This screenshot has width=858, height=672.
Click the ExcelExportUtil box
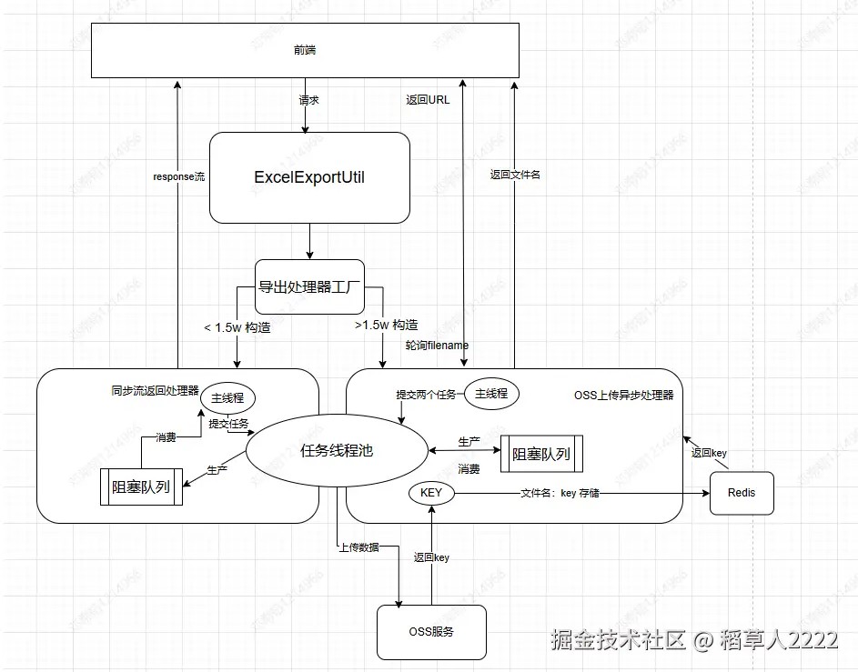309,177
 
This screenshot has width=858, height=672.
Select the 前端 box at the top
305,51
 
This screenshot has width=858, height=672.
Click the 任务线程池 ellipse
337,449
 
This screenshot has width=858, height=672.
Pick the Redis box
741,494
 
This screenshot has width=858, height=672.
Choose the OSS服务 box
431,631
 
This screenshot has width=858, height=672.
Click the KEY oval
431,492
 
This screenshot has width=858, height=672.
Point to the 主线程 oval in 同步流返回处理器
227,397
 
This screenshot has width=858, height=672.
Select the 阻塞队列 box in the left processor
141,486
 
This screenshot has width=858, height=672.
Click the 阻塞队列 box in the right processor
541,454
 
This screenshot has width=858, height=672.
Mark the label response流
178,176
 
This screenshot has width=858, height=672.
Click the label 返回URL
428,100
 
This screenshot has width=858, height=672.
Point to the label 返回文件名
515,175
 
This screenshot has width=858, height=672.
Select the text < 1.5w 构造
237,326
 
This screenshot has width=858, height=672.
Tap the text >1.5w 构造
386,326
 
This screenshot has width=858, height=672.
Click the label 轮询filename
437,346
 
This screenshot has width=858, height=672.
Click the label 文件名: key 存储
560,493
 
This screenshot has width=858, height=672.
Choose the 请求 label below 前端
309,100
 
